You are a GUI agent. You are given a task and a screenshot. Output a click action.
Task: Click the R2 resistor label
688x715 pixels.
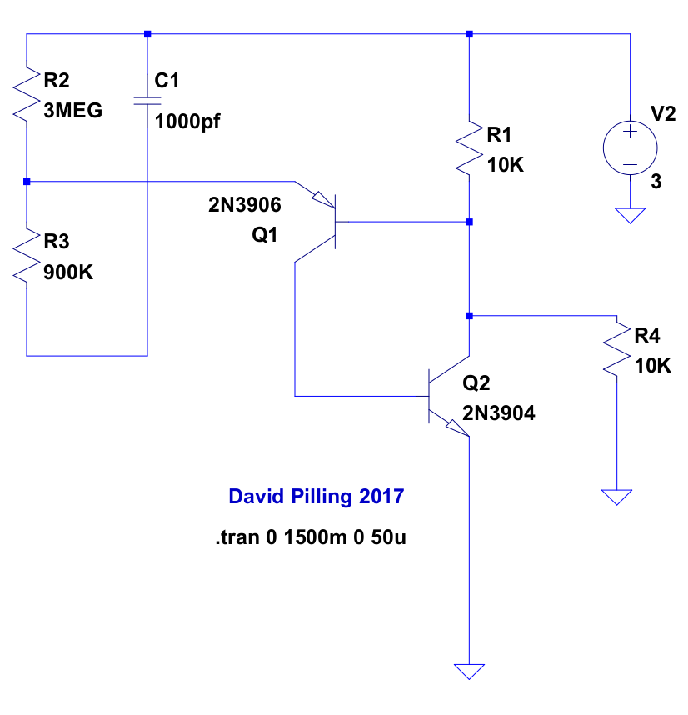57,81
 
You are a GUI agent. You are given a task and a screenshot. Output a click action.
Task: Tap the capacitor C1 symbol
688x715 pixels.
147,101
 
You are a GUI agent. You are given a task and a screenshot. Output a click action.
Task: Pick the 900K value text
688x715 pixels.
67,271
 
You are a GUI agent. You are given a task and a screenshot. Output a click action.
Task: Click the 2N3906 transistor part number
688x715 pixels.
245,205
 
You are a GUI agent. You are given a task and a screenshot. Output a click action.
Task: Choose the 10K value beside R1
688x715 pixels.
506,164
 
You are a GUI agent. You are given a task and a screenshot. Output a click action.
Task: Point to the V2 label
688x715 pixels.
663,114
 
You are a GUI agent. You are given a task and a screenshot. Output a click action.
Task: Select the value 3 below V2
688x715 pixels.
656,182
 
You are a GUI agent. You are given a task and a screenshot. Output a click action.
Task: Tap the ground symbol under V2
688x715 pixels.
631,216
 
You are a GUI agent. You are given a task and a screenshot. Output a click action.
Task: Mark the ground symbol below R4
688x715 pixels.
617,497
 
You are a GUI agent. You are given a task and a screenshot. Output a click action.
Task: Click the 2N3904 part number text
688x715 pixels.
499,412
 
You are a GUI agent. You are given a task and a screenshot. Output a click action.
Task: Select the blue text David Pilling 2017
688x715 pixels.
316,497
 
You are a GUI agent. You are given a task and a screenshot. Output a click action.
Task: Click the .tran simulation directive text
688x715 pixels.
311,538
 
